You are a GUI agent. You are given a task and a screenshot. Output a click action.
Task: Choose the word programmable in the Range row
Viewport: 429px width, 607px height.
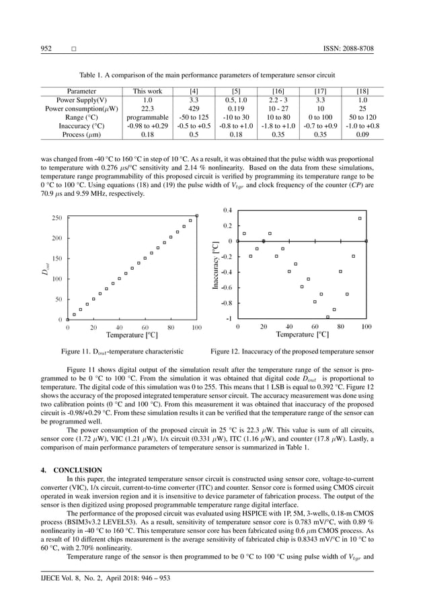[147, 116]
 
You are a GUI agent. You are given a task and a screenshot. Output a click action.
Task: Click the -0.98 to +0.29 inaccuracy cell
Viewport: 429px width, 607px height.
[147, 125]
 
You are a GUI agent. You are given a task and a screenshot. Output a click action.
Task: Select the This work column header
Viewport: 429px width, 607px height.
[147, 90]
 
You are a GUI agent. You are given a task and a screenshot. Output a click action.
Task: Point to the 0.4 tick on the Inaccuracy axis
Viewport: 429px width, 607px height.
[228, 211]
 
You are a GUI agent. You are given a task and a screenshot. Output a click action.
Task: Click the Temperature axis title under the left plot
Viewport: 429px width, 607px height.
[132, 334]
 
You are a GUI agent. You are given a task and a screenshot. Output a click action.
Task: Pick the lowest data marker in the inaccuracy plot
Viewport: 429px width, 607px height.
[327, 317]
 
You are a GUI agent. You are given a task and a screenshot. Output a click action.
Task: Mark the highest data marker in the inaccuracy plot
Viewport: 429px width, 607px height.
[360, 218]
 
